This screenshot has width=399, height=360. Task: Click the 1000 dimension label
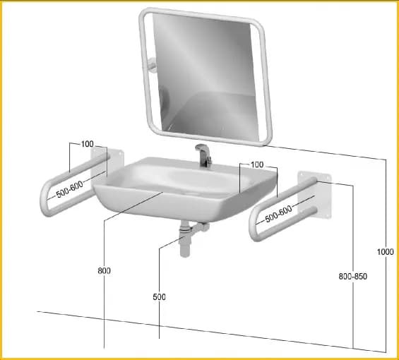point(385,252)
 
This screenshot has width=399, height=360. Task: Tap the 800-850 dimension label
point(352,276)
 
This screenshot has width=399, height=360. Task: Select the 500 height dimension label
point(159,297)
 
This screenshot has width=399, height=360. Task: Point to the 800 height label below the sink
point(104,270)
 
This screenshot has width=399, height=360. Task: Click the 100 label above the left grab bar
point(88,144)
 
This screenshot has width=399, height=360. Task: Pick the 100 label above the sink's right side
point(257,164)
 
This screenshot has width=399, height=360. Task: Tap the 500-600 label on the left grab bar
point(69,189)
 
